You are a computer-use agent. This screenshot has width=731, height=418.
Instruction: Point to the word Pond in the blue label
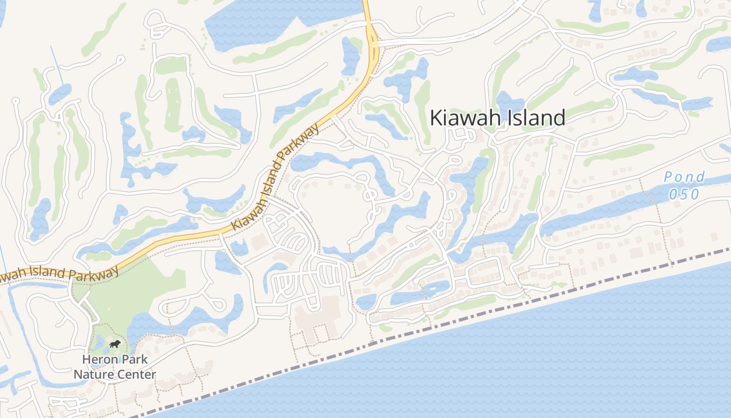click(x=685, y=177)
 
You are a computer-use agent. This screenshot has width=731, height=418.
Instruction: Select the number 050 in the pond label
click(x=682, y=194)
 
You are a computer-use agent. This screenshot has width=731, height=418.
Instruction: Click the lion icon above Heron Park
click(x=115, y=344)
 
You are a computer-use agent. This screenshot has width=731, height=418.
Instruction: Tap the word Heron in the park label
click(x=101, y=360)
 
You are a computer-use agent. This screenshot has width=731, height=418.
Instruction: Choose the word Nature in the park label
click(x=93, y=375)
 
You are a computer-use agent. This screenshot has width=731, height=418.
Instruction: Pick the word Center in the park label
click(x=137, y=375)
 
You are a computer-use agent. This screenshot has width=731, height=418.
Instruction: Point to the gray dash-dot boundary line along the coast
click(x=470, y=313)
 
